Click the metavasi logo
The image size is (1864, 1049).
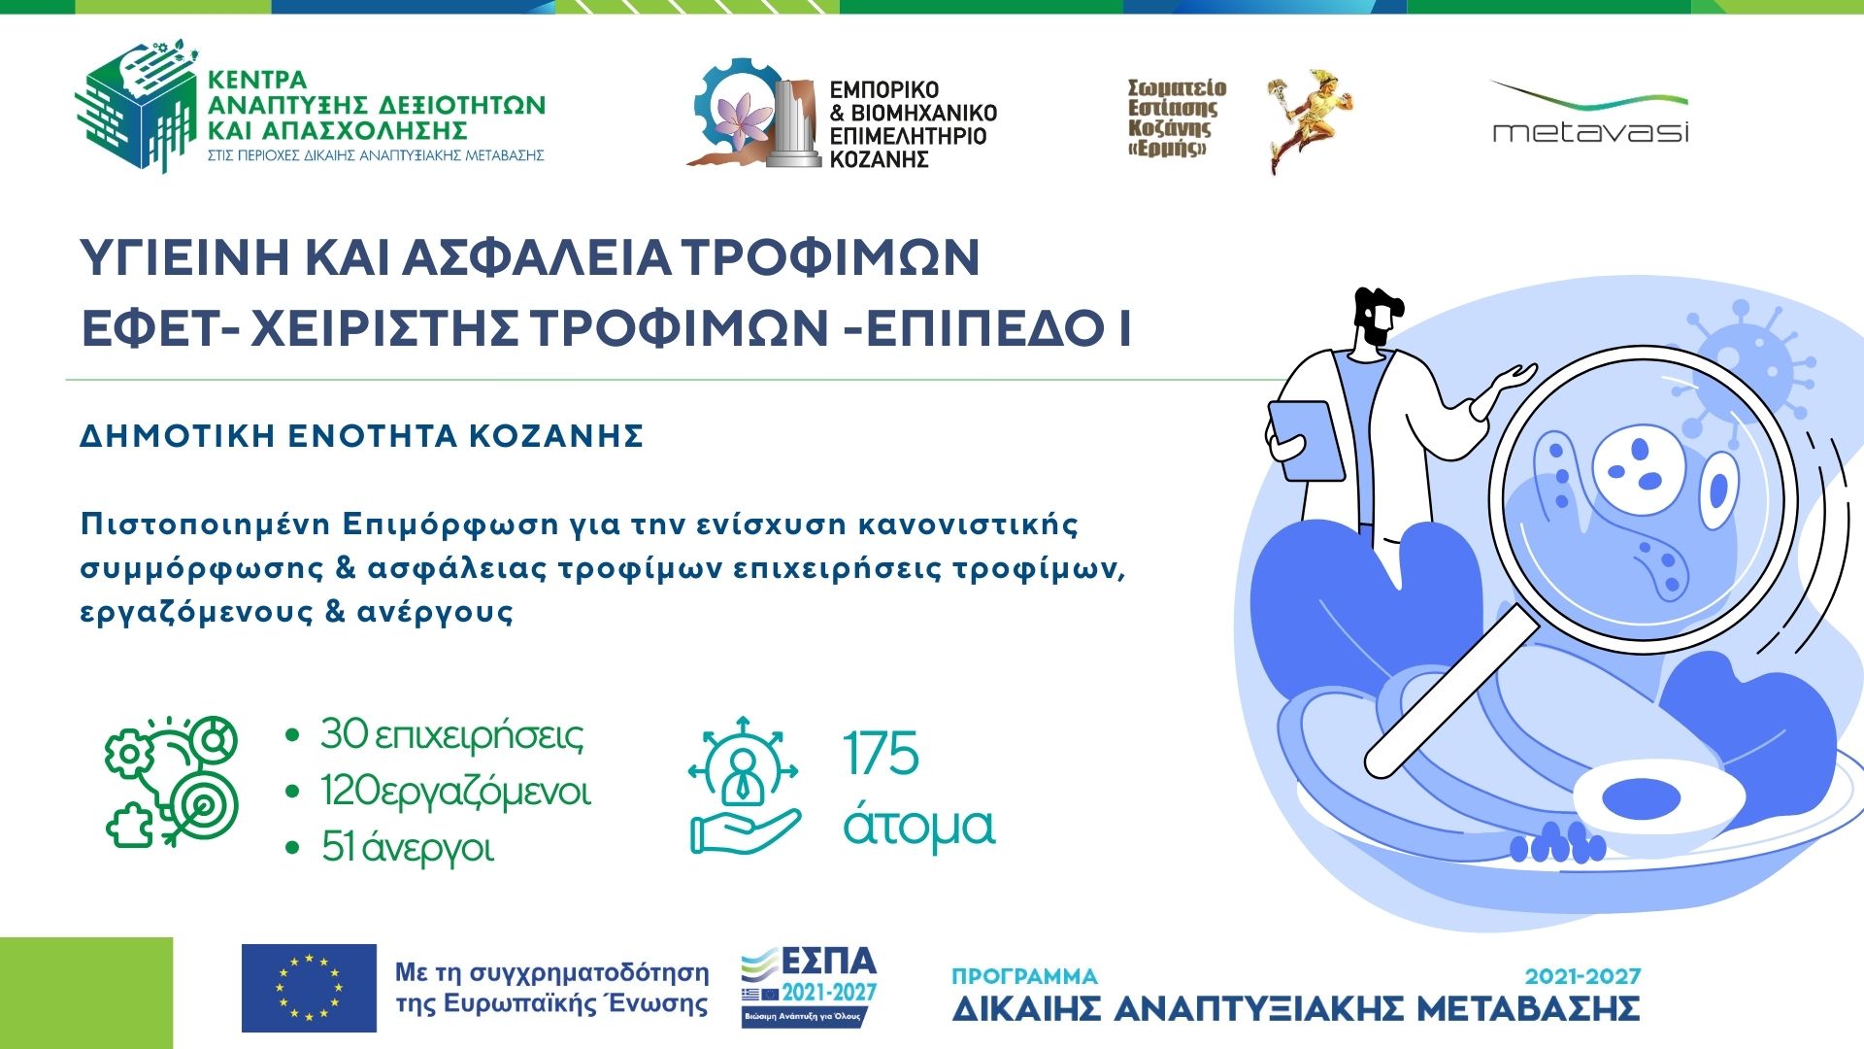(x=1589, y=113)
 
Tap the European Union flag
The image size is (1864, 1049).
(x=309, y=988)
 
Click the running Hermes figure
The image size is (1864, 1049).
(x=1307, y=121)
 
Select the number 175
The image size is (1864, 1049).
(x=881, y=753)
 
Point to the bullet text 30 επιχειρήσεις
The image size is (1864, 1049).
(x=452, y=735)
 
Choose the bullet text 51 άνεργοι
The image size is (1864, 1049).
(x=408, y=847)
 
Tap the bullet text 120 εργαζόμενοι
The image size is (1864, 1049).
(x=455, y=792)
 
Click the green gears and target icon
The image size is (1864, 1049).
(x=171, y=781)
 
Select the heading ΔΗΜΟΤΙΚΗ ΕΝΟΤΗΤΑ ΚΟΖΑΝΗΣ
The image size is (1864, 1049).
(x=362, y=436)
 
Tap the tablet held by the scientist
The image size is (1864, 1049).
(x=1305, y=440)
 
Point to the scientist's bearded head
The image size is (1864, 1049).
(x=1378, y=317)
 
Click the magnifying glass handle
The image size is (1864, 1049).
(x=1450, y=698)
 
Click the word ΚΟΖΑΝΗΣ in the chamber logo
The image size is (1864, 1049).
(x=880, y=159)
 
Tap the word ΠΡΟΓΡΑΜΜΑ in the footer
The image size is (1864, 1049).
(x=1024, y=976)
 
